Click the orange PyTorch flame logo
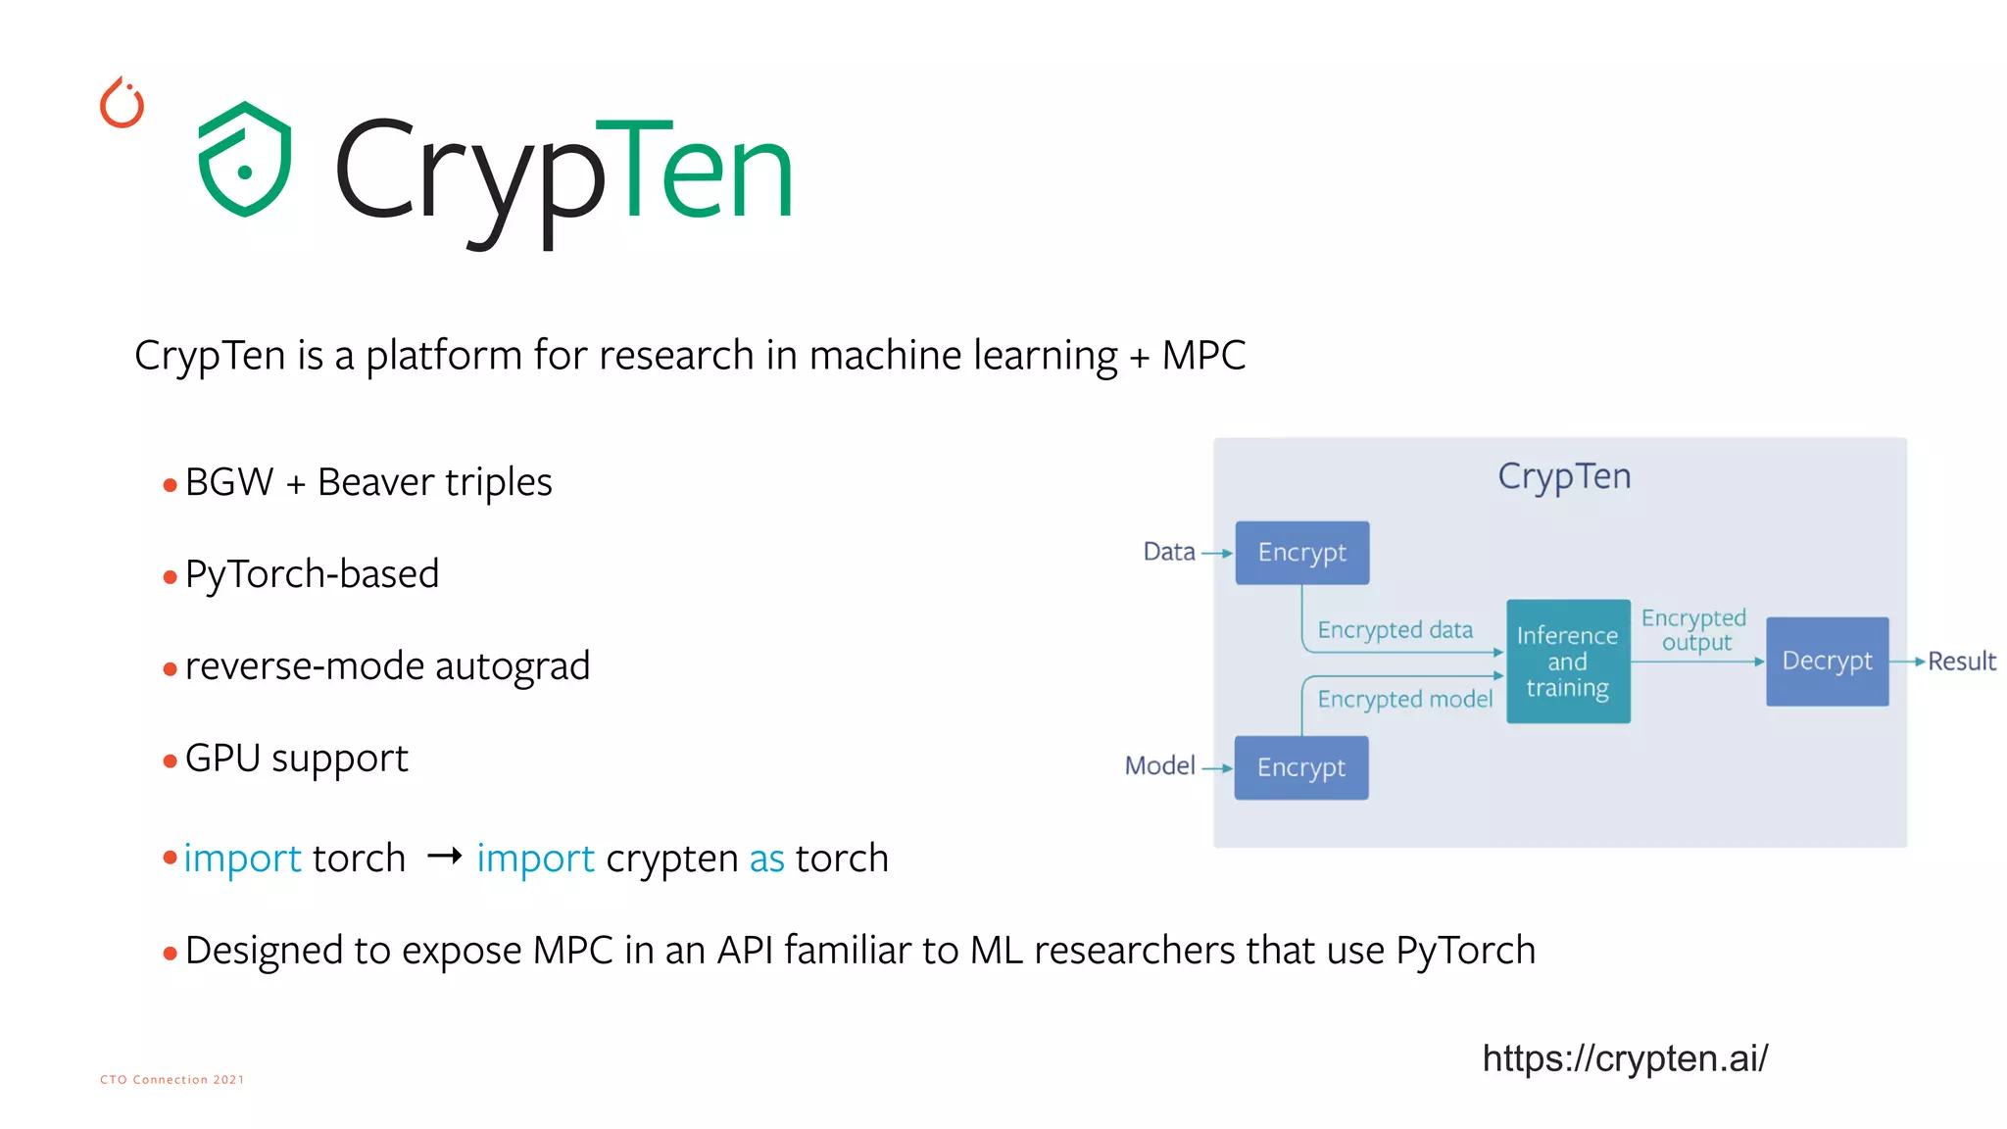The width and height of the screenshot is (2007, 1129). tap(122, 103)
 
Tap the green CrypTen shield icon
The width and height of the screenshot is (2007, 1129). tap(245, 159)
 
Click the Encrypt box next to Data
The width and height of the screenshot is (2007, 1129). tap(1301, 553)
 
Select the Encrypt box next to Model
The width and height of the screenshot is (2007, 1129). tap(1300, 767)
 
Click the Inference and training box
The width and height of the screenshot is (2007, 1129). tap(1567, 662)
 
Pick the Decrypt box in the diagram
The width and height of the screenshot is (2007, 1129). tap(1827, 662)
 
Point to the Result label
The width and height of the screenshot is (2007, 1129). tap(1961, 662)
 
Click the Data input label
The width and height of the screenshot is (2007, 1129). tap(1169, 552)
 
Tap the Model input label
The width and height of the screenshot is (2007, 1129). tap(1159, 765)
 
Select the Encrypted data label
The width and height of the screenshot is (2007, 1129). tap(1395, 629)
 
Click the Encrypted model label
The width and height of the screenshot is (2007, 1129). tap(1404, 699)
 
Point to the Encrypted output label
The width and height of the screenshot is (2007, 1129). tap(1694, 630)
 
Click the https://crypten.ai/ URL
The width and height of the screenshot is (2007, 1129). tap(1625, 1058)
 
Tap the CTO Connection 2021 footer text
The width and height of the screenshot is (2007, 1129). tap(171, 1079)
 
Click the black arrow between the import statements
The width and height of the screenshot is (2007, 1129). tap(444, 857)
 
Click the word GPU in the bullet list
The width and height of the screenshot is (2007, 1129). tap(222, 758)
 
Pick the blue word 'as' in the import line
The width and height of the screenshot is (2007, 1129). tap(766, 859)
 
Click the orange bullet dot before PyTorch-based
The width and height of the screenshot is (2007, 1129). tap(171, 576)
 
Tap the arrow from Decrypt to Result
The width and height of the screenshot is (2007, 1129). tap(1907, 662)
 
